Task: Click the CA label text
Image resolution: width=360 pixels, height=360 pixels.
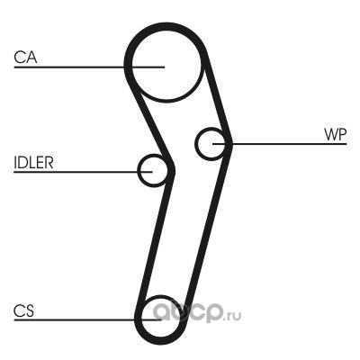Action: (25, 58)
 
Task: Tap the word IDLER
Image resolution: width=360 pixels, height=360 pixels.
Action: (33, 162)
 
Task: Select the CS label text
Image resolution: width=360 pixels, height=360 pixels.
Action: (23, 310)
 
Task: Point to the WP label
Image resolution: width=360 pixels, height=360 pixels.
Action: (335, 135)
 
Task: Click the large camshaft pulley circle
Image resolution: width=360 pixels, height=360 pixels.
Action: (166, 98)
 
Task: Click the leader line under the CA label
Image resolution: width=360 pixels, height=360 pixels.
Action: (89, 67)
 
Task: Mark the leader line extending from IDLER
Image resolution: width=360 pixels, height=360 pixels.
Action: (83, 172)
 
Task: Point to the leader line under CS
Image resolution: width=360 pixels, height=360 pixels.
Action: (87, 319)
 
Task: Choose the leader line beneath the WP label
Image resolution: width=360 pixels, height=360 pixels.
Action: (280, 144)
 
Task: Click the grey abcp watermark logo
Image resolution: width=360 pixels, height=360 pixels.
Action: (188, 312)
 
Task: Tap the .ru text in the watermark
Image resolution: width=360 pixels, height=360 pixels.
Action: (232, 316)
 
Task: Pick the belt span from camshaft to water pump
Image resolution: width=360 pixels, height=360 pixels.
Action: (217, 99)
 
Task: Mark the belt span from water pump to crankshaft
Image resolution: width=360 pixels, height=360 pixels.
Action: (208, 228)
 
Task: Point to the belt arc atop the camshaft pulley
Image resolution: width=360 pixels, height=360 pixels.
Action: (166, 25)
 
